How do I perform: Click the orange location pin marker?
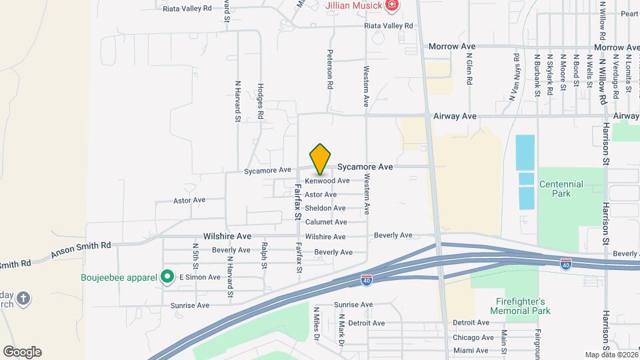pos(321,159)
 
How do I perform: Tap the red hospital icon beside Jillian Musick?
pos(392,5)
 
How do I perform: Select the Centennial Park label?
pos(561,189)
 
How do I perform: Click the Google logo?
pos(22,352)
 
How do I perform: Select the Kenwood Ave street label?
pos(327,181)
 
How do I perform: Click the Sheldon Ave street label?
pos(325,208)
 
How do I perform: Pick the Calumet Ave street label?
pos(326,222)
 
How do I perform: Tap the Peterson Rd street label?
pos(329,69)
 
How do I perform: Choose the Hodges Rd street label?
pos(261,101)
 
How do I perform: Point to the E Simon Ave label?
pos(199,277)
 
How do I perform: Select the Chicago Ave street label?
pos(473,337)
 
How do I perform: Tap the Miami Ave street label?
pos(470,350)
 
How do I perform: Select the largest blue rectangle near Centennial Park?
pos(525,152)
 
